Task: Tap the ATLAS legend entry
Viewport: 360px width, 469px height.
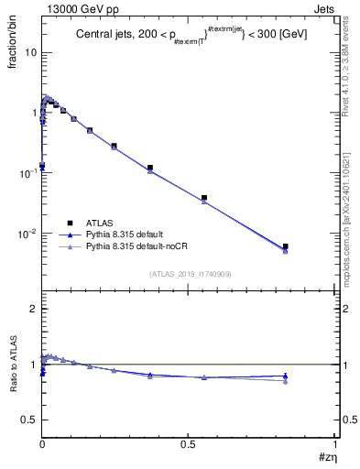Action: pos(100,222)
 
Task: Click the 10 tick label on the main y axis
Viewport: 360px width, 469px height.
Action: pos(29,52)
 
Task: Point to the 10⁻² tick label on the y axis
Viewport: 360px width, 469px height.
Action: pos(27,234)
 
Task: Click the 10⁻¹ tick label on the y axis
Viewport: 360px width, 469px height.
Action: pos(27,173)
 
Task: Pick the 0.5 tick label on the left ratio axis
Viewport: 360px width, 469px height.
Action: pos(29,420)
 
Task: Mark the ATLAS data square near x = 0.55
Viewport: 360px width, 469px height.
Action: pos(204,198)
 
